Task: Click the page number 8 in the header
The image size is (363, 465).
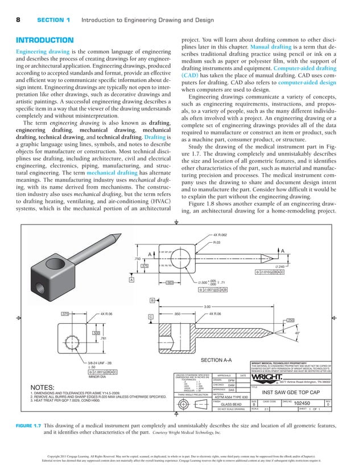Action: click(x=18, y=20)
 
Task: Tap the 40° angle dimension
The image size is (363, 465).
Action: click(x=344, y=332)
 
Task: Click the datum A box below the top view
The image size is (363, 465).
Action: click(x=131, y=280)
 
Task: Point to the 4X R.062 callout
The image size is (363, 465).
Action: click(x=220, y=235)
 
